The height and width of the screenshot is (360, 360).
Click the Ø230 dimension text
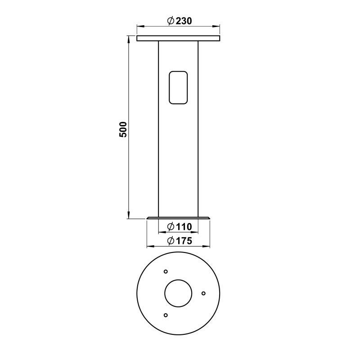(x=180, y=21)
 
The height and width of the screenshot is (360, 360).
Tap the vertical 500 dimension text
(x=123, y=130)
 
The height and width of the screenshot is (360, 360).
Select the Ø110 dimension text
(x=180, y=227)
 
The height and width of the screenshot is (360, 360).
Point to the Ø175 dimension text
(x=180, y=241)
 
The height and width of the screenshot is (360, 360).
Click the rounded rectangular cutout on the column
(x=178, y=87)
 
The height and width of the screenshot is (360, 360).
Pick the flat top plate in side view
(x=178, y=38)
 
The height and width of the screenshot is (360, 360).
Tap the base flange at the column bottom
(x=178, y=218)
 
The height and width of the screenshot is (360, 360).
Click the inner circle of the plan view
(x=178, y=293)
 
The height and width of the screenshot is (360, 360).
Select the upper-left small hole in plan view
(x=166, y=272)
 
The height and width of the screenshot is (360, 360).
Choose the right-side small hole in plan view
(x=203, y=293)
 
